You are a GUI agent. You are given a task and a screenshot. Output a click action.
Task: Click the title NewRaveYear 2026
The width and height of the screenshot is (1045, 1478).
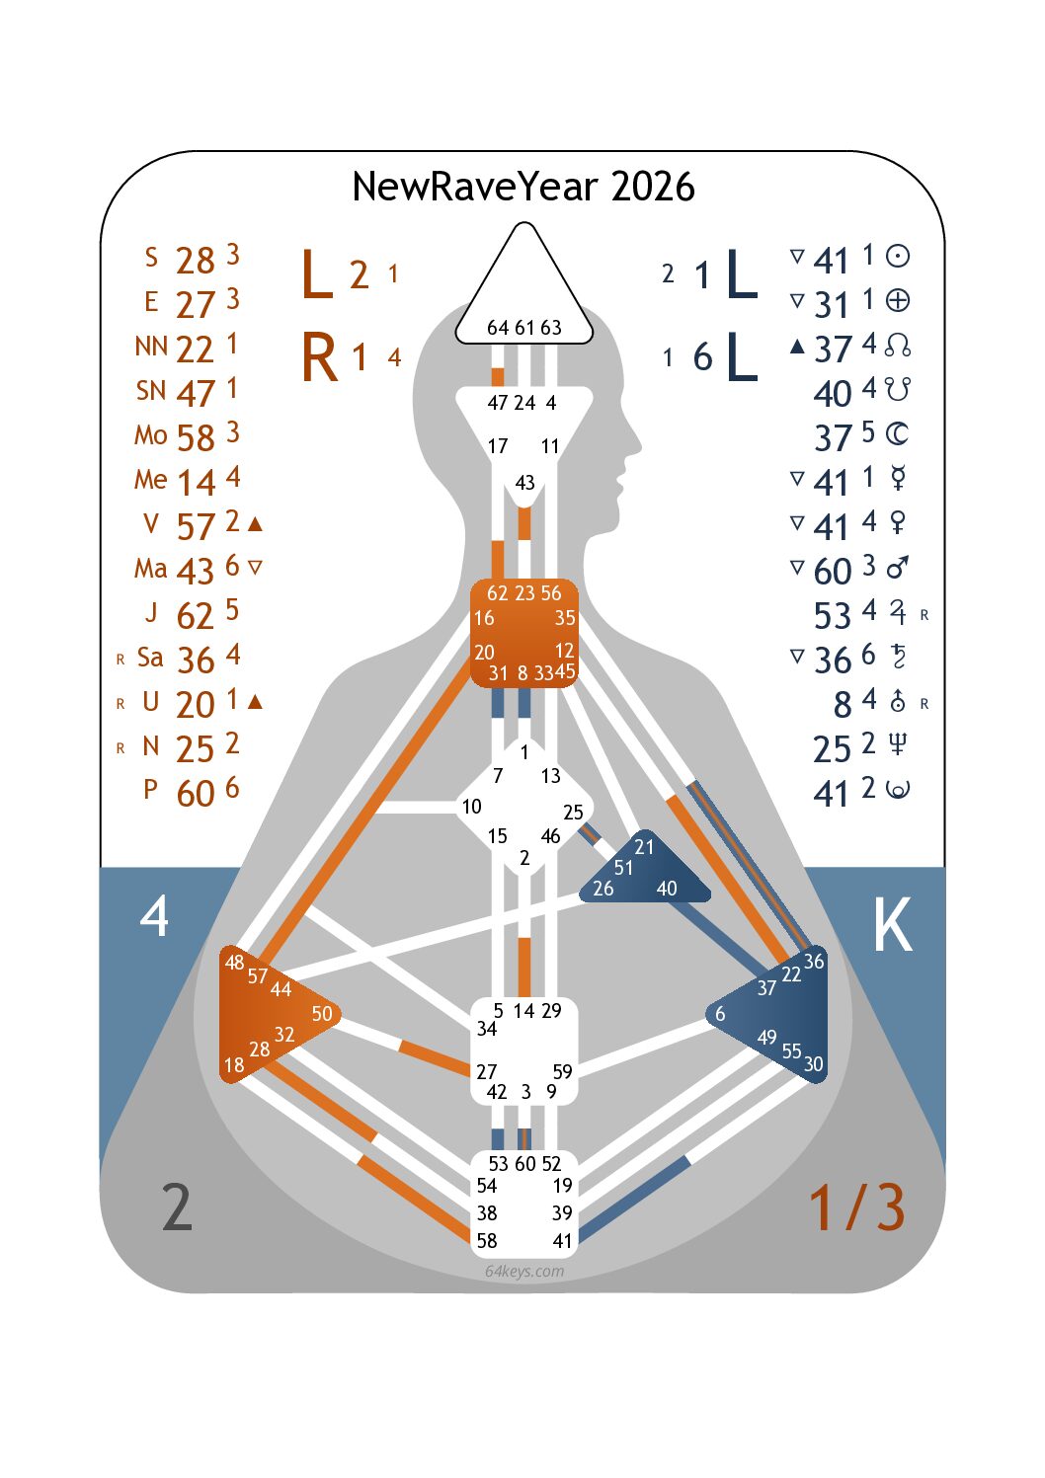pyautogui.click(x=522, y=187)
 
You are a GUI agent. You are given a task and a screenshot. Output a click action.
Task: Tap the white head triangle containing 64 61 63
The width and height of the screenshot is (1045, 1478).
pyautogui.click(x=524, y=296)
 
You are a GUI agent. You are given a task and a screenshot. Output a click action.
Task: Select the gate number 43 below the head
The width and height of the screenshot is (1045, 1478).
pyautogui.click(x=524, y=483)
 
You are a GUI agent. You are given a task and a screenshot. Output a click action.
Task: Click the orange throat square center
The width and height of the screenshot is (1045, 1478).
pyautogui.click(x=523, y=633)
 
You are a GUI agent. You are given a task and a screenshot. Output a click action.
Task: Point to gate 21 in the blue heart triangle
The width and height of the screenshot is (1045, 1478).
pyautogui.click(x=644, y=847)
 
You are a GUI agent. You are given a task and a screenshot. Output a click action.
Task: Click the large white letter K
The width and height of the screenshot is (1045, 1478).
pyautogui.click(x=892, y=926)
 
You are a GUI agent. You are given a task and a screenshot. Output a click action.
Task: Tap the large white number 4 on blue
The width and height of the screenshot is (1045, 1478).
pyautogui.click(x=154, y=916)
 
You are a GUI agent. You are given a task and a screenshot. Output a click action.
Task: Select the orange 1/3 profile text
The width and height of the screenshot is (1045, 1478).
pyautogui.click(x=855, y=1207)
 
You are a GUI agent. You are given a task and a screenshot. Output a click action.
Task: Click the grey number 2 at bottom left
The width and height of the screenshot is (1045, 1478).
pyautogui.click(x=177, y=1207)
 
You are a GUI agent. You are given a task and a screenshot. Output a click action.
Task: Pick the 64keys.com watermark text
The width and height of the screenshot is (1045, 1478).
pyautogui.click(x=524, y=1271)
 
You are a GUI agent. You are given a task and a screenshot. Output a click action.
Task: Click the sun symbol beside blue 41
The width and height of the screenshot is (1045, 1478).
pyautogui.click(x=897, y=257)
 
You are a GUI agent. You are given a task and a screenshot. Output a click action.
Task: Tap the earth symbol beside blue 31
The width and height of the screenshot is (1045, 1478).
pyautogui.click(x=897, y=300)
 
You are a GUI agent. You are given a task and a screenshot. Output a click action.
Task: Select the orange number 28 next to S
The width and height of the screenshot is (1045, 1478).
pyautogui.click(x=195, y=261)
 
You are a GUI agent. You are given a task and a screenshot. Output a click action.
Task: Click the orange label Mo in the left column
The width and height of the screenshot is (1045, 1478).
pyautogui.click(x=150, y=434)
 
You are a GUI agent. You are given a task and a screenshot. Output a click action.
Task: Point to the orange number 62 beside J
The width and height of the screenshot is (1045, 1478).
pyautogui.click(x=195, y=616)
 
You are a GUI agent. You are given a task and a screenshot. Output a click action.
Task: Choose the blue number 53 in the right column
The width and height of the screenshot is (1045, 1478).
pyautogui.click(x=832, y=616)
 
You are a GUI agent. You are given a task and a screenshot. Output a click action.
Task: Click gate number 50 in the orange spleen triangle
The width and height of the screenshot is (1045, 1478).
pyautogui.click(x=322, y=1014)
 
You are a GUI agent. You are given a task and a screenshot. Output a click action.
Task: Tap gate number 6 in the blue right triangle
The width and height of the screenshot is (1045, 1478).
pyautogui.click(x=720, y=1014)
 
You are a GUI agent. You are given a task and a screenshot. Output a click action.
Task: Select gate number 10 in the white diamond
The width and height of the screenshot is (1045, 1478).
pyautogui.click(x=472, y=807)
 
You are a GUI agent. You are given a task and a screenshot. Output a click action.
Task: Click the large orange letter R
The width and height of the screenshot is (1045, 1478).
pyautogui.click(x=319, y=357)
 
